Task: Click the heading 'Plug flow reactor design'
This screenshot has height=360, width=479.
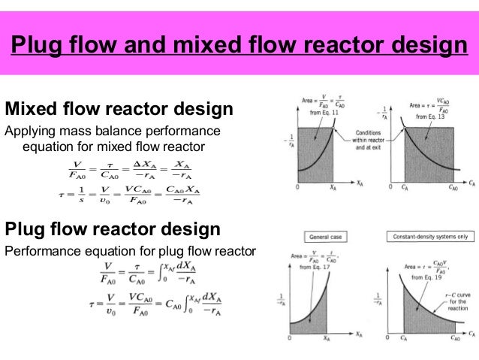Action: point(113,228)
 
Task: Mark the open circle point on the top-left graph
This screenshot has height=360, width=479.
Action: point(332,128)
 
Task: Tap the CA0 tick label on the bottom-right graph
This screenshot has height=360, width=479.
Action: point(453,339)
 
